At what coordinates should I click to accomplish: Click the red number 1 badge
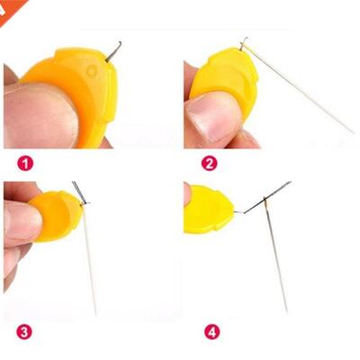(26, 164)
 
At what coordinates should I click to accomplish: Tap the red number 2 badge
(209, 163)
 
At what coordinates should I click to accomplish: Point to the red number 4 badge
(211, 332)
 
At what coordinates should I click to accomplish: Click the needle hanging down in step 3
(89, 261)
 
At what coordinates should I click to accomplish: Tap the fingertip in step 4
(187, 193)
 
